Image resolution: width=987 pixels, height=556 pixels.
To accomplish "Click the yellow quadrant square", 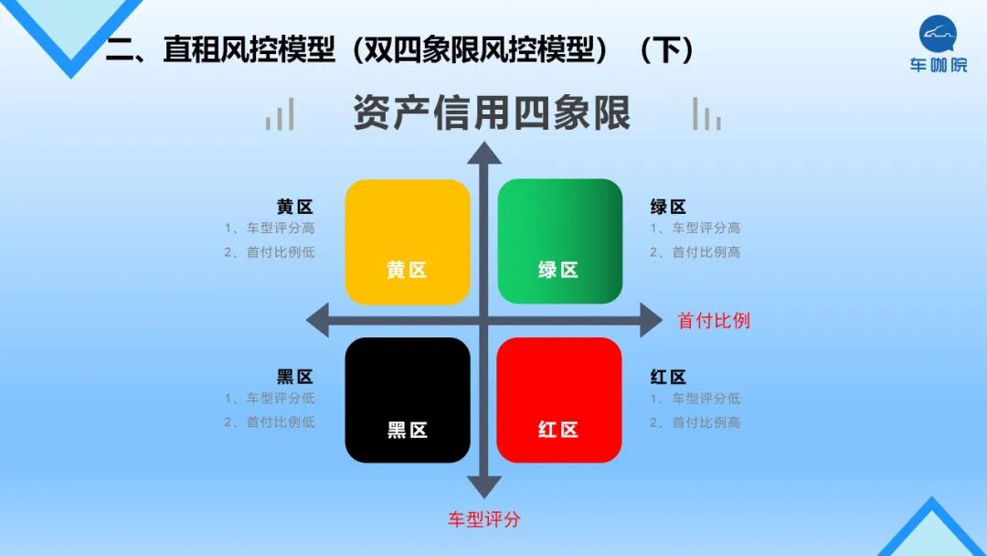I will coord(407,241).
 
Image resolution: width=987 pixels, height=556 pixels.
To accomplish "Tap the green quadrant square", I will coord(559,241).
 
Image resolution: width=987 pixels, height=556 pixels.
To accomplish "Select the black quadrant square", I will coord(407,400).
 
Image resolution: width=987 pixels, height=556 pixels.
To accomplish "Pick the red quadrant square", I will coord(559,400).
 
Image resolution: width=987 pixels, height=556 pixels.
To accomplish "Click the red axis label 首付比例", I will coord(713,321).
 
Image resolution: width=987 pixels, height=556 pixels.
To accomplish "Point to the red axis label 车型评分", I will coord(484,519).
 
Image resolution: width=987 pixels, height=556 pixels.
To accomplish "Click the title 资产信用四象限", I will coord(492,114).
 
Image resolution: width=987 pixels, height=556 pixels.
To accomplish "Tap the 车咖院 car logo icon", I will coord(938,34).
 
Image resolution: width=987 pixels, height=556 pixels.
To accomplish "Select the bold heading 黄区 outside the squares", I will coord(295,207).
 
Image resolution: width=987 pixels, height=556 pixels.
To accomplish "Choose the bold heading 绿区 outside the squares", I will coord(668,207).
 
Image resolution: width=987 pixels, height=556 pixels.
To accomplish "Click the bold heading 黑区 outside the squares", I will coord(295,377).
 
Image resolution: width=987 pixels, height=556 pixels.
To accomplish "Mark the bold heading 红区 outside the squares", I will coord(668,377).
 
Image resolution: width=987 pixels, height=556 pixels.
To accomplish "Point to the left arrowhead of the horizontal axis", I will coord(318,321).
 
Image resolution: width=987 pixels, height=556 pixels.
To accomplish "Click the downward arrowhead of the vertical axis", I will coord(484,486).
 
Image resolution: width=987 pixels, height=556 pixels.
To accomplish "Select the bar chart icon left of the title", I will coord(281,115).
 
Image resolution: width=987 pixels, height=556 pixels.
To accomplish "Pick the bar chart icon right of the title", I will coord(706,114).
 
